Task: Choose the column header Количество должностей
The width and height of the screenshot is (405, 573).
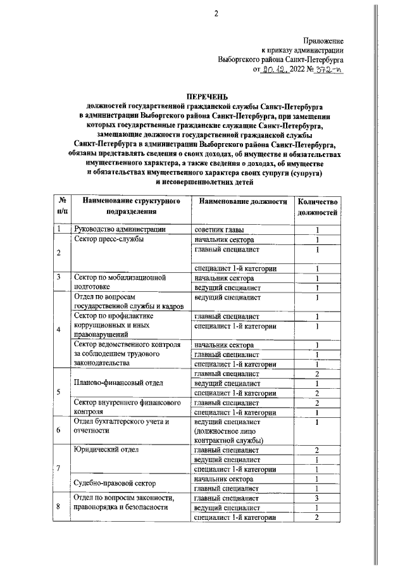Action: point(319,206)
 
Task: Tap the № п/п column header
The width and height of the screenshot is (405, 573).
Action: point(61,206)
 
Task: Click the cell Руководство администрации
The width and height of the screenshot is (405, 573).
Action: point(120,229)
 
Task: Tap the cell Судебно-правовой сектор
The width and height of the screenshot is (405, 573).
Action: point(115,483)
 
